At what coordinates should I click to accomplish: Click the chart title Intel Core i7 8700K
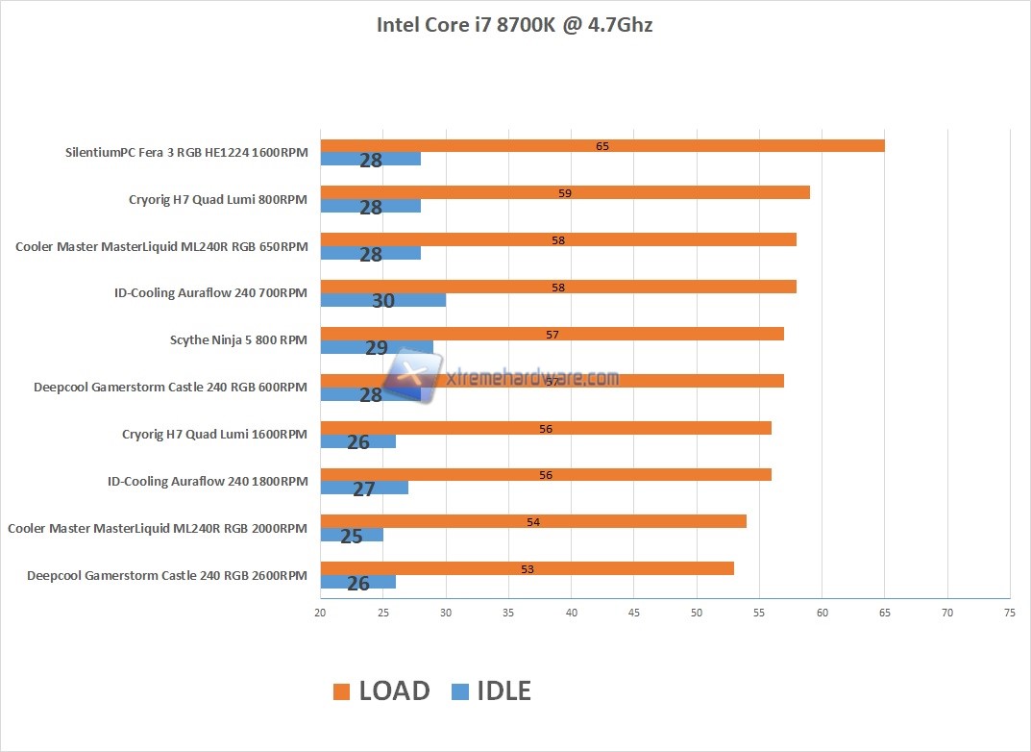[x=514, y=25]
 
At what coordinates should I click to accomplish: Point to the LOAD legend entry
[x=381, y=690]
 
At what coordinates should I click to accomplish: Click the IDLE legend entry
[x=491, y=690]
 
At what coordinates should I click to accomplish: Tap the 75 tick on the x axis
[x=1009, y=613]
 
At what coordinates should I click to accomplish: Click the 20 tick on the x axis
[x=320, y=613]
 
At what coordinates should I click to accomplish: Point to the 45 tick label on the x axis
[x=633, y=613]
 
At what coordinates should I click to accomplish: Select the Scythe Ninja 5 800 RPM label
[x=238, y=339]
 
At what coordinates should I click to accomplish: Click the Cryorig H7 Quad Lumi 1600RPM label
[x=215, y=434]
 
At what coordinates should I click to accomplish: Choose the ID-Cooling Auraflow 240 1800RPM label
[x=208, y=481]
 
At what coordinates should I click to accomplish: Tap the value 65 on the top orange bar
[x=602, y=146]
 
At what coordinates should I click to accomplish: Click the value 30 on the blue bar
[x=383, y=301]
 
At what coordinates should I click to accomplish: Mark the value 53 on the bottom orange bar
[x=527, y=568]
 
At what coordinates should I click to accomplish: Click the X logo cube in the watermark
[x=411, y=376]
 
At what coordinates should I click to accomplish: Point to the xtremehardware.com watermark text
[x=533, y=378]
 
